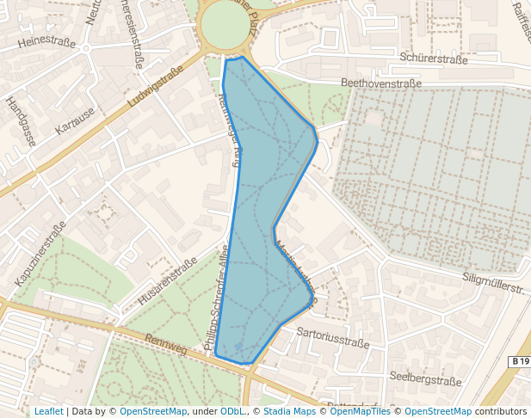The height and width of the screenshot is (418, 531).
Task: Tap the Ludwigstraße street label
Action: (x=156, y=89)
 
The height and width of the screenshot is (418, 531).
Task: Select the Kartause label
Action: (x=74, y=121)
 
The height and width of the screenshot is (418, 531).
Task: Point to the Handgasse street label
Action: (x=20, y=120)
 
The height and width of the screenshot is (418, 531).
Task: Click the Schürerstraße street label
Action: (x=434, y=59)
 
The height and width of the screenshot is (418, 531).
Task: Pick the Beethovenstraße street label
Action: (x=381, y=83)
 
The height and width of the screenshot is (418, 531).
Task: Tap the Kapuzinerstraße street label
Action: (x=40, y=255)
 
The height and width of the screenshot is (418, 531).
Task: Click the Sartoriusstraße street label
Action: (x=332, y=336)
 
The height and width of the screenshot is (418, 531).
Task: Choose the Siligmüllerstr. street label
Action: (x=493, y=284)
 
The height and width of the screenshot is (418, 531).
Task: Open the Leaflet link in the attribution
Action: (x=48, y=411)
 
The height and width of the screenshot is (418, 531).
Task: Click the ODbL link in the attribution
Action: (x=232, y=411)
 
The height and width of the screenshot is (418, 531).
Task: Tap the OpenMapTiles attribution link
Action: (x=363, y=411)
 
